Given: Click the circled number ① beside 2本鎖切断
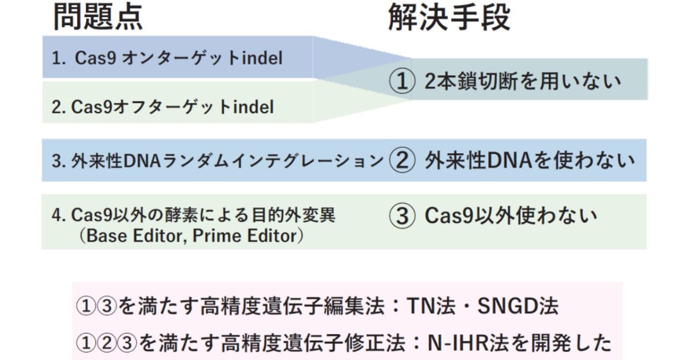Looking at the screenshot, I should click(402, 82).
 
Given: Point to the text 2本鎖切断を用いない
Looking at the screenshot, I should click(522, 81).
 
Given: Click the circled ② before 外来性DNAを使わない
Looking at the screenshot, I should click(402, 161).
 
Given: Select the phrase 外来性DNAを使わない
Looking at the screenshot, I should click(529, 161).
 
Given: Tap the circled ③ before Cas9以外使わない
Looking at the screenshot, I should click(402, 216).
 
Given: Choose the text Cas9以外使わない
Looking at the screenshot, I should click(510, 216).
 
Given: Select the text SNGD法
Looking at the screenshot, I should click(517, 307).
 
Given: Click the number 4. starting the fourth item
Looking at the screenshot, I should click(57, 215).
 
